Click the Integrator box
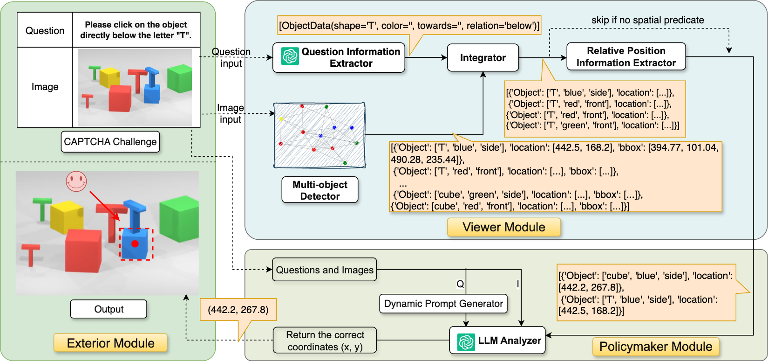point(483,58)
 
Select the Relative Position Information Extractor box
point(625,57)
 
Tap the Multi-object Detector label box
point(319,190)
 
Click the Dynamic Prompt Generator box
point(443,304)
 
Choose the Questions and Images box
point(324,270)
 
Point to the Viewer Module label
point(503,227)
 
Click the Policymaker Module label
point(655,347)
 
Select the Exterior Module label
point(110,343)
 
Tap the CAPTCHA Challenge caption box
point(110,142)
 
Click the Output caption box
point(109,309)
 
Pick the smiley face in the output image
point(76,181)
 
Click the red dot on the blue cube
point(135,244)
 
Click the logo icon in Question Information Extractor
point(290,57)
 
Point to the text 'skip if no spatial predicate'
point(647,20)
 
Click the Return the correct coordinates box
point(325,341)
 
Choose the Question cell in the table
point(45,31)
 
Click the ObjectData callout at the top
point(409,26)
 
